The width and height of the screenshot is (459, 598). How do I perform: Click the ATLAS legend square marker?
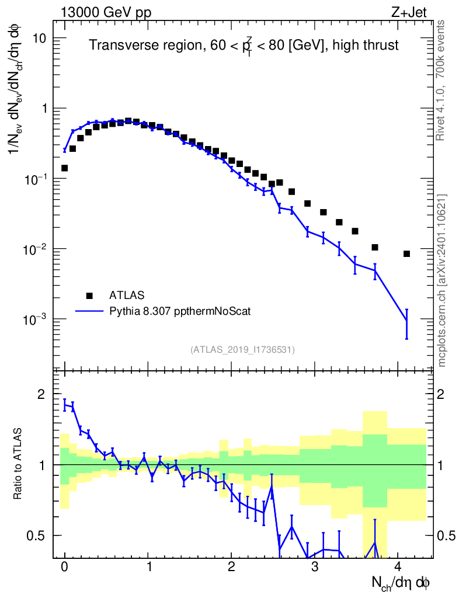click(x=89, y=295)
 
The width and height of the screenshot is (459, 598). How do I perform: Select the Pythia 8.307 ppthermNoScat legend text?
click(x=180, y=311)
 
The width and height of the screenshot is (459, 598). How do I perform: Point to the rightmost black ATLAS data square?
click(x=406, y=253)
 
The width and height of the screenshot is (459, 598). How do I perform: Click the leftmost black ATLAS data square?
click(x=65, y=168)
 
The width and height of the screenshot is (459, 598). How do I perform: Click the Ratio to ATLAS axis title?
click(x=19, y=464)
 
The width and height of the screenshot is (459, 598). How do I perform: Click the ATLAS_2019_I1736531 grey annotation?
click(x=242, y=350)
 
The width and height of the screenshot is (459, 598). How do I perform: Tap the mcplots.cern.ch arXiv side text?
click(x=442, y=280)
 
